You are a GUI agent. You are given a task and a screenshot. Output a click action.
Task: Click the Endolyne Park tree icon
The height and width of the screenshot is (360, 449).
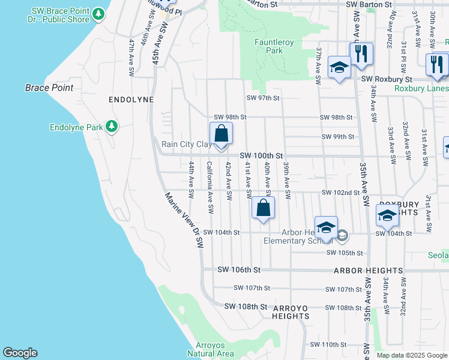[111, 127]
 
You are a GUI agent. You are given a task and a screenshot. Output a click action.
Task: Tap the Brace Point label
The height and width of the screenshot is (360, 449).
[49, 88]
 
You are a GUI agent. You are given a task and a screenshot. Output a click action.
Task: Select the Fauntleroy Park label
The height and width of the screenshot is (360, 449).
[268, 46]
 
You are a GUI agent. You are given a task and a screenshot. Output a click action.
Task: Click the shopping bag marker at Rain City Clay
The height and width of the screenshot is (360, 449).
[221, 134]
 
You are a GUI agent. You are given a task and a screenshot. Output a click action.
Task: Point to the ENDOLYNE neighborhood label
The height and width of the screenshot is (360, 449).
[131, 99]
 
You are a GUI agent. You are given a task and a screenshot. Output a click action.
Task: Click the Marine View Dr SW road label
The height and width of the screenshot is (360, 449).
[183, 220]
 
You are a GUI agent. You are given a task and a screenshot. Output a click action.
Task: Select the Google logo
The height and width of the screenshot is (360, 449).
[20, 353]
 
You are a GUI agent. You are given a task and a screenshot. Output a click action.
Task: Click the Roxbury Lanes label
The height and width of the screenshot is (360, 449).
[421, 88]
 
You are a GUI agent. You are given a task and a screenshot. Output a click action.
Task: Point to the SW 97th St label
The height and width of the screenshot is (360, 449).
[264, 98]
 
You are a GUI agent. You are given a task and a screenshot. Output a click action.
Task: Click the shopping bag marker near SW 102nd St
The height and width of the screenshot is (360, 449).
[263, 209]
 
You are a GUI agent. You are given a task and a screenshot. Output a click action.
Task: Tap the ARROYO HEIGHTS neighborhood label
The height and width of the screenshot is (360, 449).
[291, 311]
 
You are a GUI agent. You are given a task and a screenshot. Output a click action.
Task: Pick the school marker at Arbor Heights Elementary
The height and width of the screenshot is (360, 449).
[326, 229]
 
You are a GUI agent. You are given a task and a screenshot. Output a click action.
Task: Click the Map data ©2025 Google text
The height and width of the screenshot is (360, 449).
[412, 355]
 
